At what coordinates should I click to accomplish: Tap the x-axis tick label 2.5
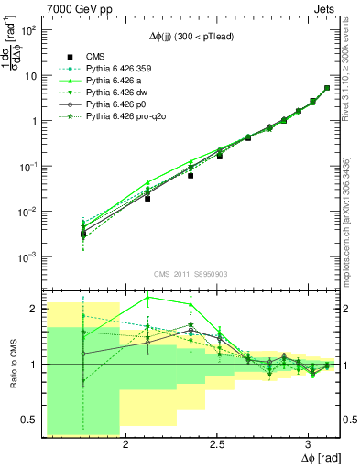coord(217,447)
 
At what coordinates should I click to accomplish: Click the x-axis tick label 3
coord(309,447)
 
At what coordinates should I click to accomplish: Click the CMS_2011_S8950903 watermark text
coord(191,274)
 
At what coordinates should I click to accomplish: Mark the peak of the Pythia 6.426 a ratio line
coord(148,297)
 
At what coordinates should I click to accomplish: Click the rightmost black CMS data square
coord(327,88)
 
